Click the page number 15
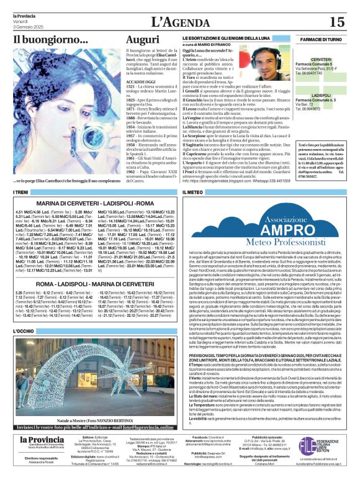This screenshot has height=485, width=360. [x=336, y=22]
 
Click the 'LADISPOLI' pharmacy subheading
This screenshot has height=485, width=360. [x=321, y=95]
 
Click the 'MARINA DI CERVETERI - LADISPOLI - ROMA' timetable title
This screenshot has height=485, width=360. [x=95, y=203]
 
